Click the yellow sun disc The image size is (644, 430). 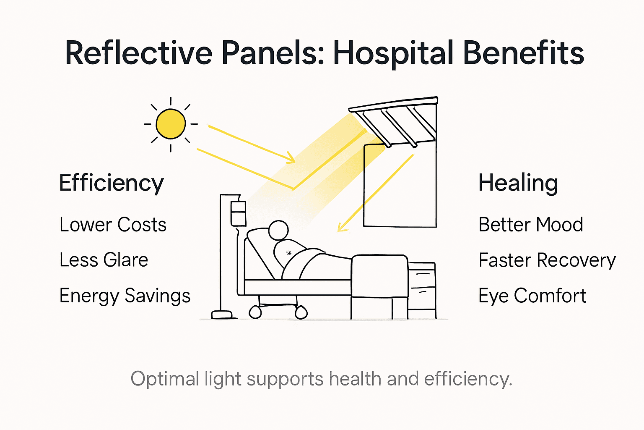(171, 124)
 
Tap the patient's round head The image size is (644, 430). (278, 231)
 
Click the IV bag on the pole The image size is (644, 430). (238, 212)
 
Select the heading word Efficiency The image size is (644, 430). (111, 184)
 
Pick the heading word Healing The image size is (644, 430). (518, 184)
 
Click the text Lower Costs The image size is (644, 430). (113, 225)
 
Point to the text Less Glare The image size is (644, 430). (104, 260)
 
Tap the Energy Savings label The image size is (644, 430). (125, 296)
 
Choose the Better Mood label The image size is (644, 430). (530, 225)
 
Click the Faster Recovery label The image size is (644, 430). (547, 260)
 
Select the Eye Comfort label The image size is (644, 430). (532, 296)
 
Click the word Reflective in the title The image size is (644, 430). (139, 53)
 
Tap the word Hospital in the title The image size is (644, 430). (393, 53)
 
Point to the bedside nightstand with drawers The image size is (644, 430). (422, 290)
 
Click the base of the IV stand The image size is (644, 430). (222, 314)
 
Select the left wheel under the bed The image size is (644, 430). (255, 312)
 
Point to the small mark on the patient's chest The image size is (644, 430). (288, 253)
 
